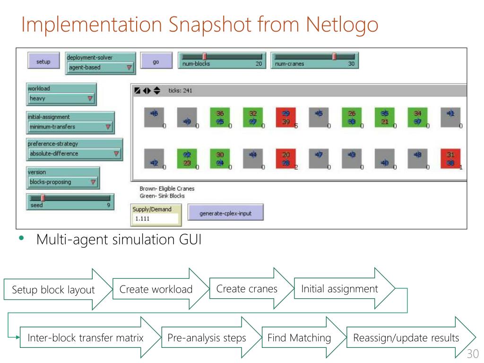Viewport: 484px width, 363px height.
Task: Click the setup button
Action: click(43, 61)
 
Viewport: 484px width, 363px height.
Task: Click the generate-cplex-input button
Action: click(225, 213)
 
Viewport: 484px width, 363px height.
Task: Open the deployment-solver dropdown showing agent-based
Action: click(100, 68)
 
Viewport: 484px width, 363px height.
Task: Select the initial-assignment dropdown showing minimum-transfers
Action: click(70, 127)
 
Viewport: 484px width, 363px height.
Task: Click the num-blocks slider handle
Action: click(205, 56)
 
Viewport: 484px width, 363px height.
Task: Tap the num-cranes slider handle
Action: click(334, 56)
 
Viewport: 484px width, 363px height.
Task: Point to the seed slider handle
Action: click(43, 198)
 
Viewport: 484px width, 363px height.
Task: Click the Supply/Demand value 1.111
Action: click(155, 219)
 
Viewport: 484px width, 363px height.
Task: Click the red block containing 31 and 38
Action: click(450, 159)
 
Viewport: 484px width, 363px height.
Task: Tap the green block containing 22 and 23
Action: click(187, 159)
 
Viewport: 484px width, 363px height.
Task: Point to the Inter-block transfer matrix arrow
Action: click(86, 338)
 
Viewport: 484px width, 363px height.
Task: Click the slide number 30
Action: click(472, 354)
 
